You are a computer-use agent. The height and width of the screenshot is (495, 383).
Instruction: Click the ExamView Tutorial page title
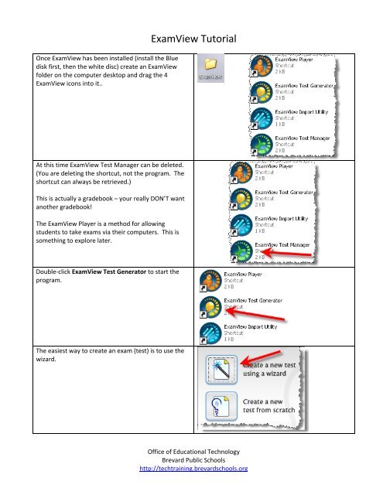[192, 37]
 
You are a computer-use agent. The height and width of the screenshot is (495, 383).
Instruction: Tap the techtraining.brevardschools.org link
[191, 468]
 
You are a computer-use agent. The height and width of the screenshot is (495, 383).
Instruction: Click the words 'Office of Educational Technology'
[191, 451]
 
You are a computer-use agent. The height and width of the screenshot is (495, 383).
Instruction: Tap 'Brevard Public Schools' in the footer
[191, 459]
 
